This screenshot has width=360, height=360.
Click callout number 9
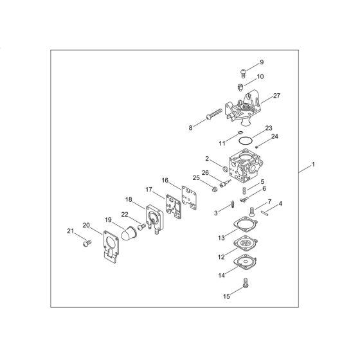click(x=262, y=62)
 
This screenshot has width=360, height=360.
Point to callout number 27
click(x=277, y=95)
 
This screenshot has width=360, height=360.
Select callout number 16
click(x=165, y=181)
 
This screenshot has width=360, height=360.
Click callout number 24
click(x=274, y=136)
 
